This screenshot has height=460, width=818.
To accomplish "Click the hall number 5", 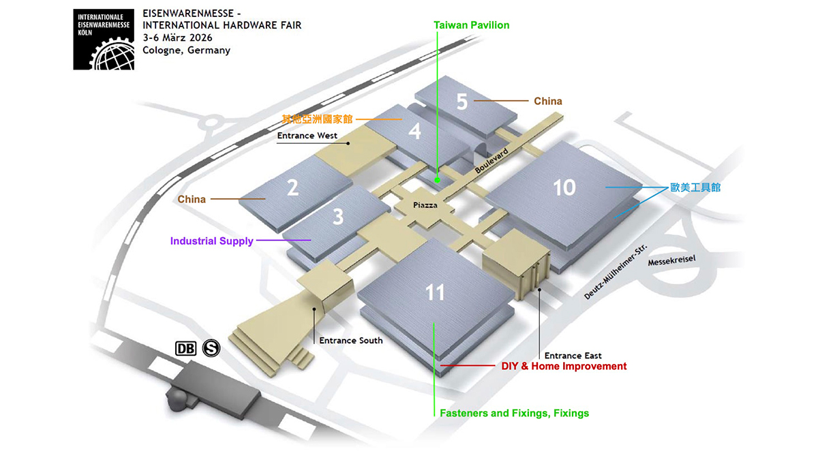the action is click(x=462, y=101).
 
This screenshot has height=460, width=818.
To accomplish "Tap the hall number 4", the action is click(x=415, y=131).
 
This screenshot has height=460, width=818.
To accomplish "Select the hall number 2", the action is click(x=293, y=187).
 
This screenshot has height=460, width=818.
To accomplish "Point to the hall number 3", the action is click(x=338, y=217).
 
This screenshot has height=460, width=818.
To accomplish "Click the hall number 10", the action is click(x=564, y=187).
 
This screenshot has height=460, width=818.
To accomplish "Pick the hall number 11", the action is click(x=435, y=292).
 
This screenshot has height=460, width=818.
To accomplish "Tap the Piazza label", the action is click(x=425, y=205).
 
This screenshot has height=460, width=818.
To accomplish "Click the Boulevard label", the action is click(x=491, y=161).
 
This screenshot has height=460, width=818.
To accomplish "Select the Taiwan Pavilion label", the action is click(x=472, y=25).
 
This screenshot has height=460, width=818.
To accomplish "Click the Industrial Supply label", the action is click(x=212, y=241).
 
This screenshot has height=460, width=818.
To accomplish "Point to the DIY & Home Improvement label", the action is click(x=564, y=366).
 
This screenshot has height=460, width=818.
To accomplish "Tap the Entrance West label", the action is click(x=307, y=136).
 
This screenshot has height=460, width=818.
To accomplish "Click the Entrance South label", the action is click(x=351, y=341).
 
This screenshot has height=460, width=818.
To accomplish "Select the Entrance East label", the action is click(x=573, y=356).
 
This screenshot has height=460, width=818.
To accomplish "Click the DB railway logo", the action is click(x=186, y=349).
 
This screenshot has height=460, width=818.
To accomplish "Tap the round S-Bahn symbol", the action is click(x=211, y=348).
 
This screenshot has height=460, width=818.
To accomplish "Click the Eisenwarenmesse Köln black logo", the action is click(x=104, y=40).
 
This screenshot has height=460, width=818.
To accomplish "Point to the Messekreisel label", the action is click(x=671, y=260).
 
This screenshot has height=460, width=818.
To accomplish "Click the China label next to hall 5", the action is click(x=548, y=101).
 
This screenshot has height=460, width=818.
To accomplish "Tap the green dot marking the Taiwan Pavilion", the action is click(x=438, y=180).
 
